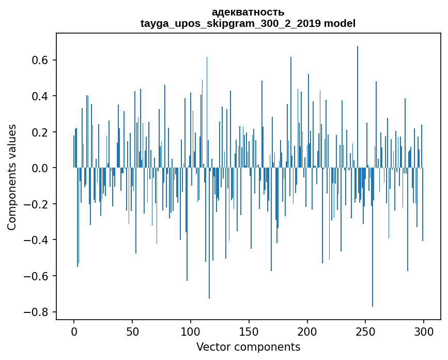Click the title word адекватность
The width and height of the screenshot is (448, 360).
click(x=248, y=12)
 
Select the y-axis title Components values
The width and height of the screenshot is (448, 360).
click(x=11, y=177)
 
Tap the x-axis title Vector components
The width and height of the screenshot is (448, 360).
click(x=248, y=347)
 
